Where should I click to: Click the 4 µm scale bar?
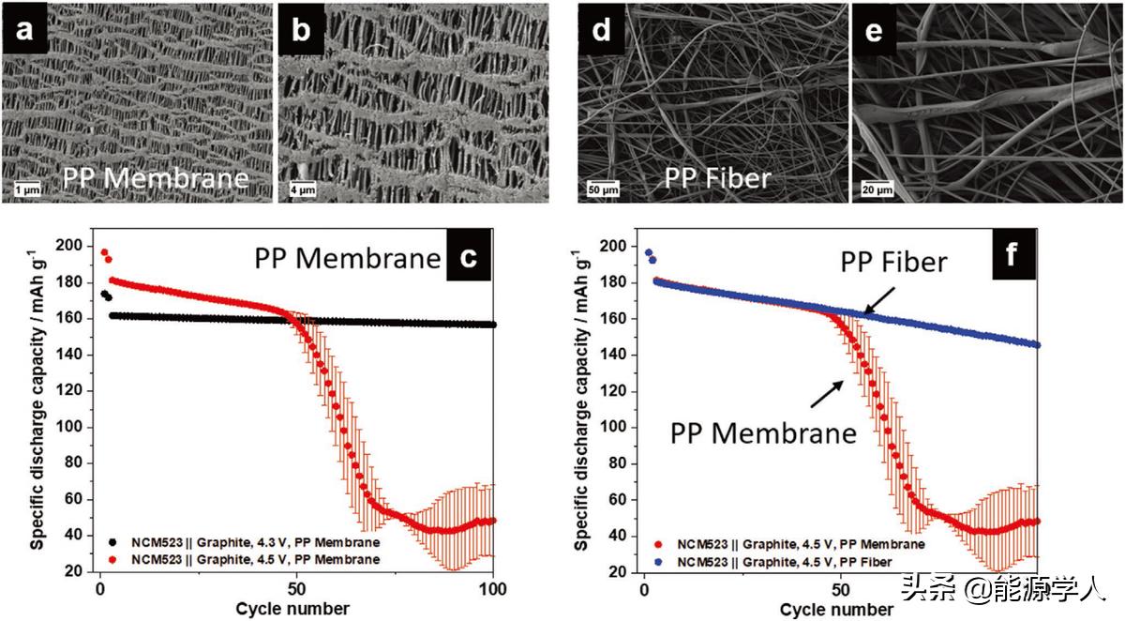click(x=303, y=189)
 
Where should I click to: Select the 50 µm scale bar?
click(x=603, y=189)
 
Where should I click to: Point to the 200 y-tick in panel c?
click(x=73, y=246)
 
